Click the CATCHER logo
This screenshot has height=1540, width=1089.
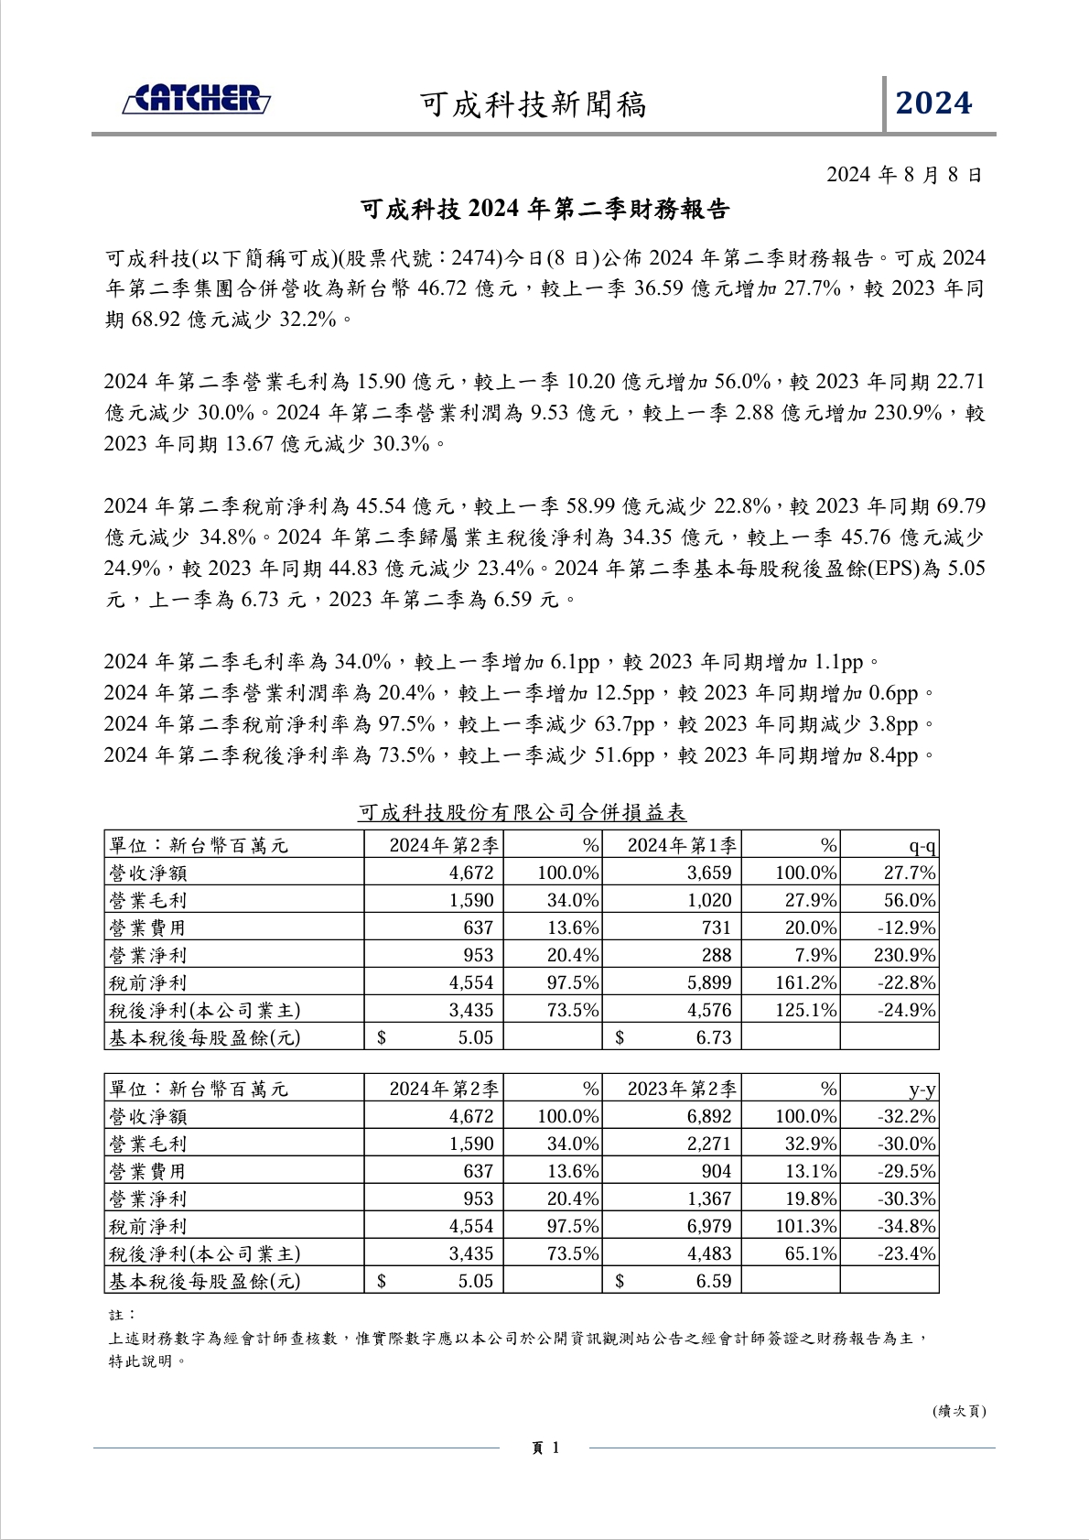click(x=197, y=100)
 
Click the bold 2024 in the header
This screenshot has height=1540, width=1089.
click(x=933, y=103)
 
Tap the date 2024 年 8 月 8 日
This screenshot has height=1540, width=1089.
click(x=904, y=174)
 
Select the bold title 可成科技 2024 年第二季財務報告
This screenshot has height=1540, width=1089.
click(x=544, y=210)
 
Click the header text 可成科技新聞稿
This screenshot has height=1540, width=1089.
click(x=533, y=105)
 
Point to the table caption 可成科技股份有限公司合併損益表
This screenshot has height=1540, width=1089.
click(x=522, y=812)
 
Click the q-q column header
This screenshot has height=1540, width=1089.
click(x=922, y=845)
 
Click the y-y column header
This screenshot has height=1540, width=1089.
click(x=922, y=1089)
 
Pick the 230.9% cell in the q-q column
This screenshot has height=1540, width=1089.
click(x=904, y=955)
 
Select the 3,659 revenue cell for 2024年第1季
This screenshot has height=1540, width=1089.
click(x=709, y=873)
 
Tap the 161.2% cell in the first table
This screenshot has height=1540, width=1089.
click(x=805, y=982)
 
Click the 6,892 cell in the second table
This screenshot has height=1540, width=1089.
click(x=709, y=1116)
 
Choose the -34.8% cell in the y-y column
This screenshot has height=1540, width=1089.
click(x=906, y=1226)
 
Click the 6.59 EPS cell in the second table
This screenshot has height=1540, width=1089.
click(x=713, y=1281)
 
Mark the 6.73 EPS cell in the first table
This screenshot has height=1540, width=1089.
click(x=713, y=1037)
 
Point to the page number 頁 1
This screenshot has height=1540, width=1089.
click(x=544, y=1448)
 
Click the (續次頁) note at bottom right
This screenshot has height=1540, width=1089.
click(x=959, y=1411)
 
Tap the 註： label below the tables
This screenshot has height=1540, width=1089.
click(x=122, y=1314)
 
